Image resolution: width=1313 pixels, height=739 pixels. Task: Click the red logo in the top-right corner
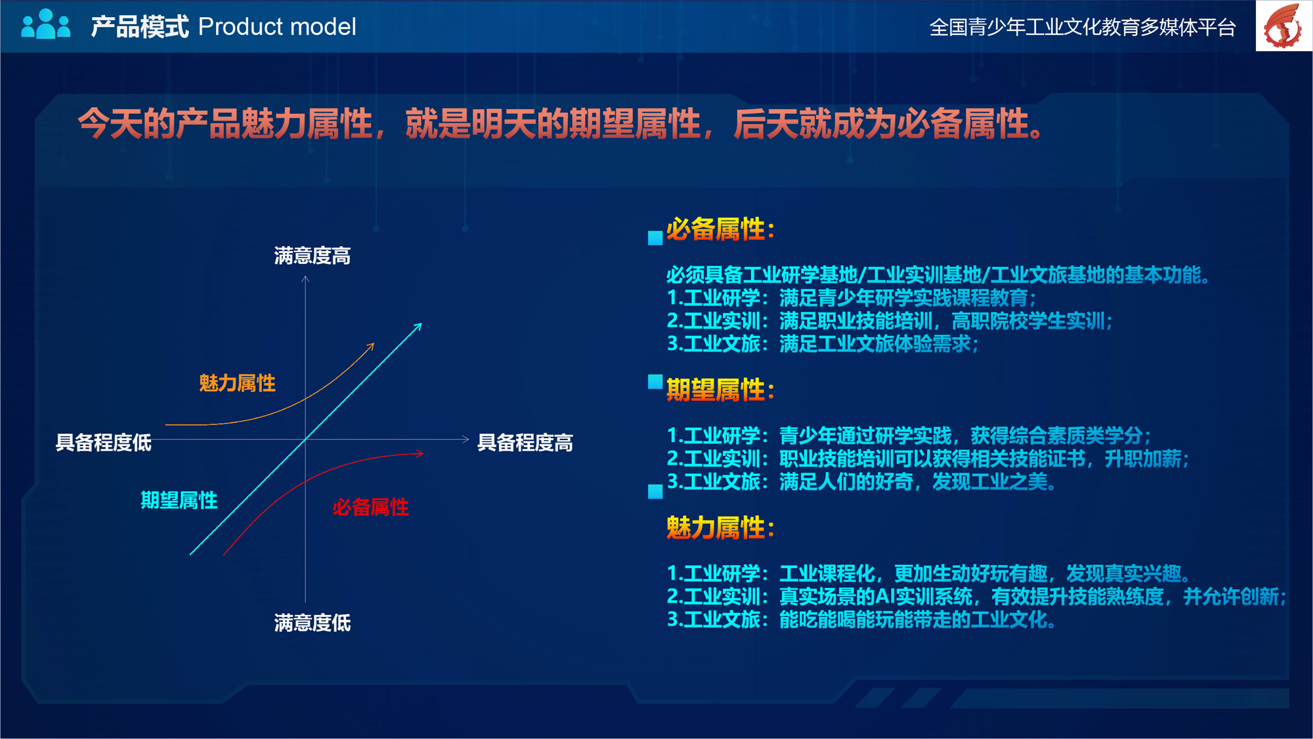coord(1283,26)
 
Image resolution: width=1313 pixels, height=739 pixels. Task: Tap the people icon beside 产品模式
coord(46,24)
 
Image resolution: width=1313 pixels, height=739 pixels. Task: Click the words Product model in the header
coord(277,27)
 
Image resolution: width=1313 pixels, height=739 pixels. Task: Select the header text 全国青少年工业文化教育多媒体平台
coord(1083,28)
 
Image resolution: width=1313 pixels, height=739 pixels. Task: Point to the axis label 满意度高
coord(312,256)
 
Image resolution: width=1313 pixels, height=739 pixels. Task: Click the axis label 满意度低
coord(312,623)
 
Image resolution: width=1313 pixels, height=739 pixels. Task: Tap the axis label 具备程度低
coord(104,443)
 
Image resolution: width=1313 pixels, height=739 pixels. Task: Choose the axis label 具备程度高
coord(525,443)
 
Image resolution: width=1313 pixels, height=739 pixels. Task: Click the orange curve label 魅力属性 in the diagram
coord(238,383)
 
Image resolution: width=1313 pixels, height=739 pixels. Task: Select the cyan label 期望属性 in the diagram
coord(179,501)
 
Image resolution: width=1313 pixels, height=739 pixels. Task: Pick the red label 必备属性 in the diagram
coord(371,507)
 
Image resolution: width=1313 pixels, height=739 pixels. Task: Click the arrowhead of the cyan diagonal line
coord(418,326)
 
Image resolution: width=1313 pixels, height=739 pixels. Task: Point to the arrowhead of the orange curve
coord(371,346)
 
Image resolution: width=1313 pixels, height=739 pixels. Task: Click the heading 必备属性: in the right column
coord(721,229)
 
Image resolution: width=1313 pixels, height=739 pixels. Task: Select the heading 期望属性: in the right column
coord(721,390)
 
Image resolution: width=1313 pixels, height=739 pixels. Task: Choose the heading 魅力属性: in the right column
coord(721,527)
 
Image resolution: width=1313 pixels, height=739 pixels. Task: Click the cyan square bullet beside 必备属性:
coord(655,238)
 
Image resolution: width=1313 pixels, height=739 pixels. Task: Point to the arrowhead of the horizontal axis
coord(465,439)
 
